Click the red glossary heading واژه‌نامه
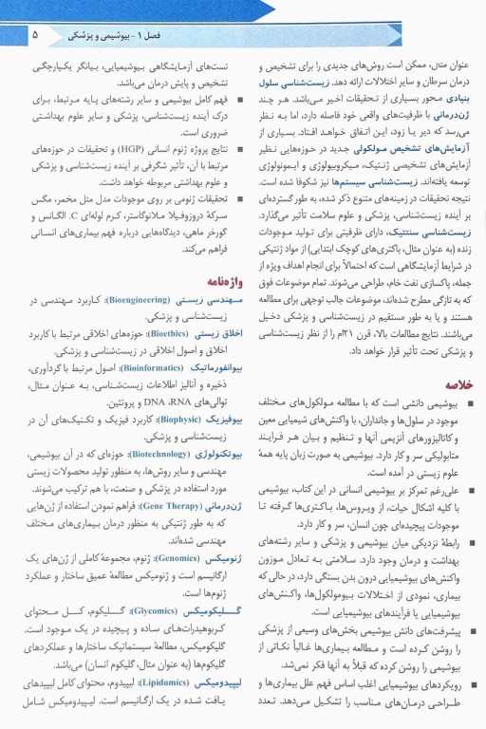point(224,281)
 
